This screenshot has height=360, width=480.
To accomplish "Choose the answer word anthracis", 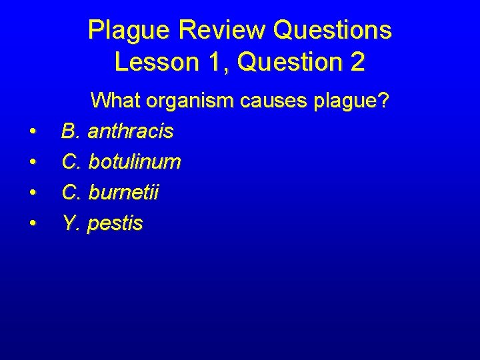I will (x=131, y=131).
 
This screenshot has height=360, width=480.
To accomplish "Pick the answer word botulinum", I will (x=135, y=162).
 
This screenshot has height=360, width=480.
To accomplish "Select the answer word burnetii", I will (x=124, y=193).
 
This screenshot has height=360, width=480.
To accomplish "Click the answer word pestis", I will (x=115, y=223).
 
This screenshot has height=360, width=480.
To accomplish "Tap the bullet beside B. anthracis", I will (x=33, y=132).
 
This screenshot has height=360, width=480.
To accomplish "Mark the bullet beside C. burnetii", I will (x=33, y=193).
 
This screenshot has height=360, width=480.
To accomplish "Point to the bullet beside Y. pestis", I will (x=33, y=224).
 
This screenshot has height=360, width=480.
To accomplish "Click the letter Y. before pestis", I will (x=71, y=223).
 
